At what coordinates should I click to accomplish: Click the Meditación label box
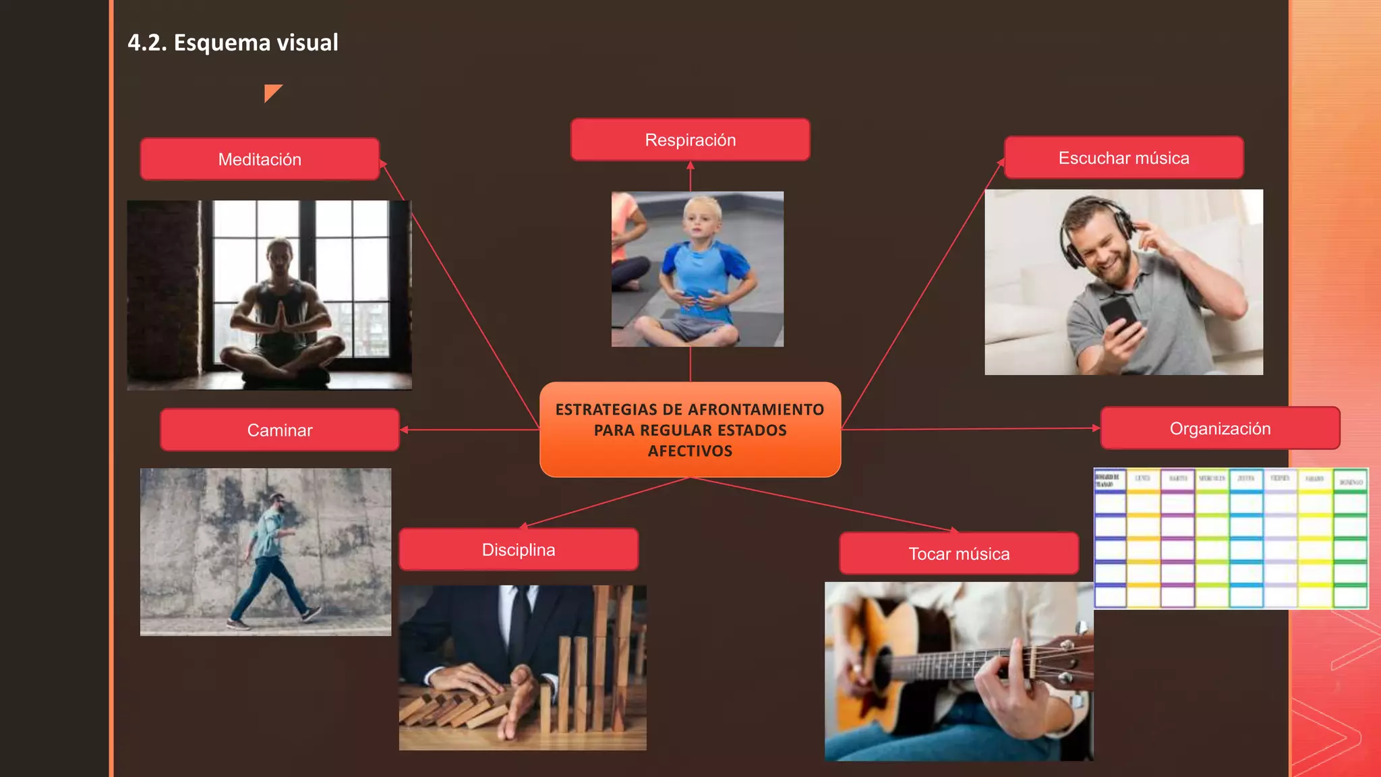pos(260,159)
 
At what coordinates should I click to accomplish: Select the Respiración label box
pos(690,140)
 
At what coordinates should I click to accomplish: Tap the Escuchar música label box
pos(1123,158)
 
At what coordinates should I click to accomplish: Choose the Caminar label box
pos(279,430)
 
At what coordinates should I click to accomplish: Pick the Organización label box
pos(1220,428)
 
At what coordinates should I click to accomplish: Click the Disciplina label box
pos(518,550)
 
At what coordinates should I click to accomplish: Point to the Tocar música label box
pos(958,554)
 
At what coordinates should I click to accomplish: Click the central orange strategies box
pos(690,430)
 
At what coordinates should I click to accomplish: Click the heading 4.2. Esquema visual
pos(233,42)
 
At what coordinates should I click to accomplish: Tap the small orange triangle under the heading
pos(271,92)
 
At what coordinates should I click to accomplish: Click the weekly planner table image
pos(1231,538)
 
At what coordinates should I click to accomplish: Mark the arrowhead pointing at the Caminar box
pos(404,430)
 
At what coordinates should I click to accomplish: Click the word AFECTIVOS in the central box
pos(690,451)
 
